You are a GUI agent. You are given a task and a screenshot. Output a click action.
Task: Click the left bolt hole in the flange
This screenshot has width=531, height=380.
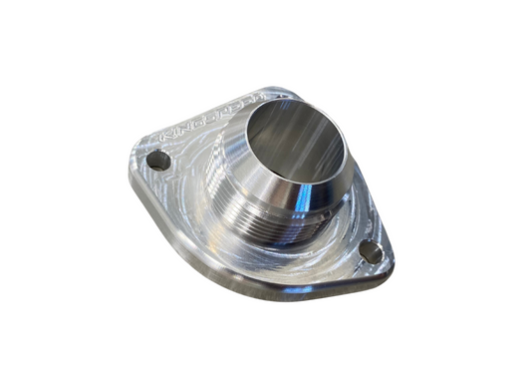(x=156, y=160)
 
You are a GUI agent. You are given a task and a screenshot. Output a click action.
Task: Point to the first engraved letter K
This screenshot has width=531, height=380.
(x=163, y=133)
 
